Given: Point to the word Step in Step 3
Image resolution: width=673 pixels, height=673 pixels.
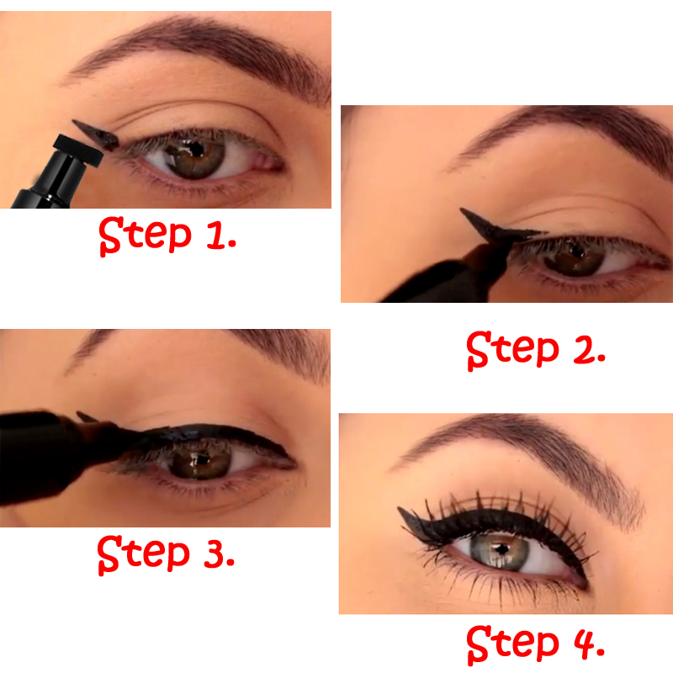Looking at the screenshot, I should coord(139,553).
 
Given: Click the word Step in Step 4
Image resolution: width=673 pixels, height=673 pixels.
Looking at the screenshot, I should coord(508,644).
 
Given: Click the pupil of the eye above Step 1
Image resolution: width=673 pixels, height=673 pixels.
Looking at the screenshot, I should coord(195,153).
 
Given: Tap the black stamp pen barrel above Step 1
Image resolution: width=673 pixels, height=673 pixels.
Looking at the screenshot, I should coord(50,181).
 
